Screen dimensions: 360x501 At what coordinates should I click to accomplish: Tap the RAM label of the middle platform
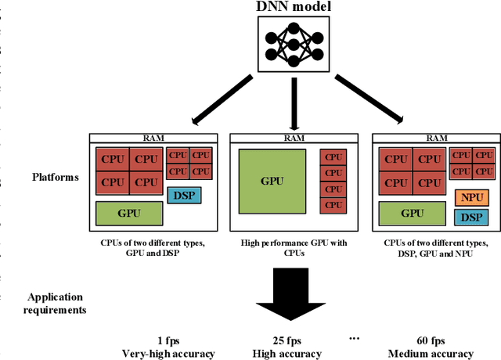(x=294, y=137)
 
